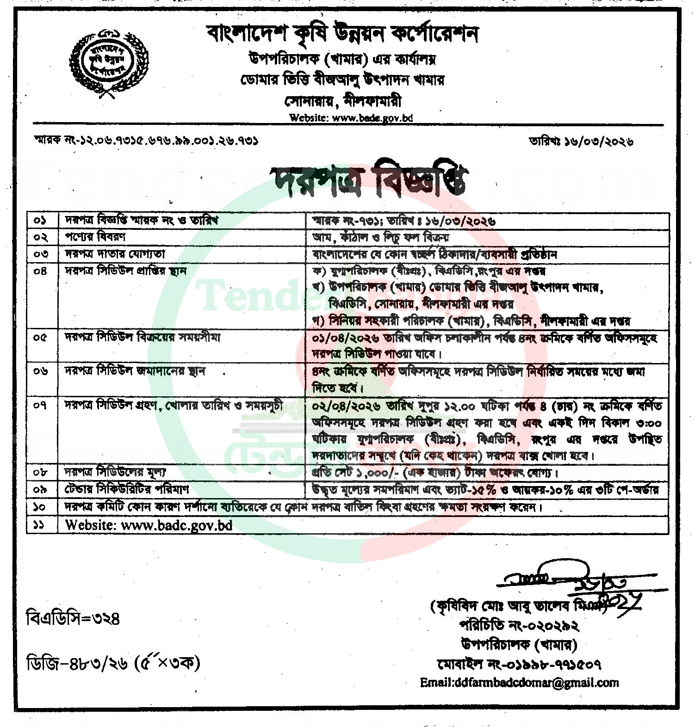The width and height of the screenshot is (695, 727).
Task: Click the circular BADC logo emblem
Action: (x=107, y=65)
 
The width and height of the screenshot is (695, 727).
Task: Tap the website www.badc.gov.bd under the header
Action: (x=350, y=117)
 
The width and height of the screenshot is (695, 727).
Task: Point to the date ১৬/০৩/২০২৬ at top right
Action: (x=581, y=141)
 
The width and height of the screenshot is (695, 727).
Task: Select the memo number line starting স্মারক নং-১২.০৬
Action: (x=146, y=140)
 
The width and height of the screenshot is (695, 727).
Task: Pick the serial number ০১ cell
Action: (x=42, y=220)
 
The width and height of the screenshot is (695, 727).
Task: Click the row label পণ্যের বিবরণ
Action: (x=95, y=237)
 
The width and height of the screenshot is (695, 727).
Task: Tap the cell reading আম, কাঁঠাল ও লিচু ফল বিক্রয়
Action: (x=381, y=238)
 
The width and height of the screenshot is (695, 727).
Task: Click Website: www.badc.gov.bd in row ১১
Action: (x=149, y=525)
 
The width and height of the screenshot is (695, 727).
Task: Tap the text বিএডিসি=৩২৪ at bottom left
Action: (x=74, y=618)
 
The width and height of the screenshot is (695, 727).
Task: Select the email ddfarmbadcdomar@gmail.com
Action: (x=519, y=683)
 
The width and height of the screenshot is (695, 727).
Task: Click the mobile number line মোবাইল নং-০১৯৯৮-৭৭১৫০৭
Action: (x=519, y=665)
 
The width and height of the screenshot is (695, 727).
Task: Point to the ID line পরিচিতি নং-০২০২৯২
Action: (x=519, y=625)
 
